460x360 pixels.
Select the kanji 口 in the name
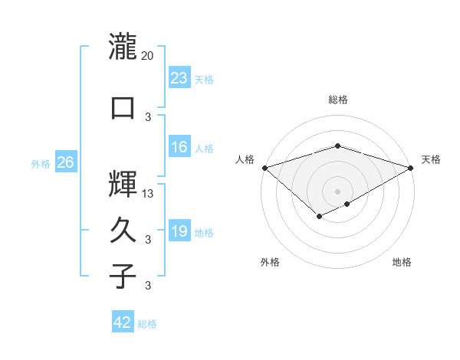tap(123, 107)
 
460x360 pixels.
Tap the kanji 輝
tap(123, 182)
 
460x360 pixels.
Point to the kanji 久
tap(123, 229)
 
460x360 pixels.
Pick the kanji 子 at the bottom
tap(123, 276)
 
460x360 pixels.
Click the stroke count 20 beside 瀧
tap(147, 55)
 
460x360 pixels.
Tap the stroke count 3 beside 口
tap(148, 116)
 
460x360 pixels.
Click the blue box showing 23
tap(179, 77)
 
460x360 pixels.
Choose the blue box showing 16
tap(179, 147)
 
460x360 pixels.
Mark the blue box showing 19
tap(179, 231)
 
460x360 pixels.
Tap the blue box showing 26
tap(65, 162)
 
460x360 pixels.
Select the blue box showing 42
tap(122, 322)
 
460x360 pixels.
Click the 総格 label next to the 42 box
tap(147, 324)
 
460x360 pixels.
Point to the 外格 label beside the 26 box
tap(41, 163)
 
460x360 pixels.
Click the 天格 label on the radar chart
tap(431, 159)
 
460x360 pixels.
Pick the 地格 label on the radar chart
tap(402, 262)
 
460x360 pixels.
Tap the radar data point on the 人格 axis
tap(264, 167)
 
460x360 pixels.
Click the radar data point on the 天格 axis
tap(411, 167)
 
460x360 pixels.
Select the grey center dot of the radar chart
tap(337, 191)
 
